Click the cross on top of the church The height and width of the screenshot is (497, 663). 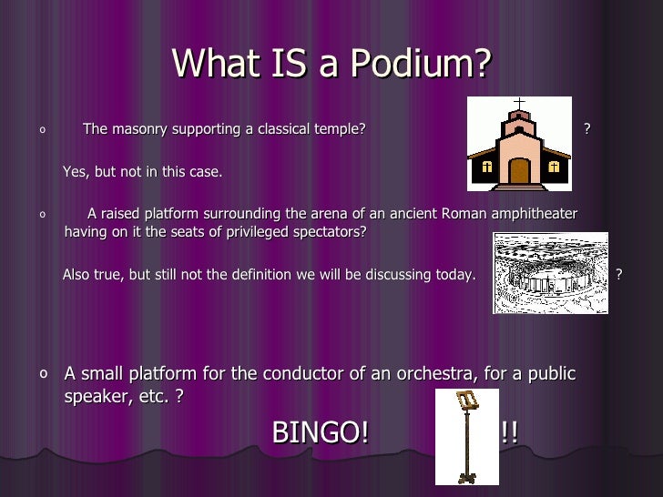[519, 103]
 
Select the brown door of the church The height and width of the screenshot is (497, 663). [519, 170]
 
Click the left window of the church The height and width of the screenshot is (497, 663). [486, 167]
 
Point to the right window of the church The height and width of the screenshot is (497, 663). [554, 167]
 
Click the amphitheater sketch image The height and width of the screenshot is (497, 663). [550, 273]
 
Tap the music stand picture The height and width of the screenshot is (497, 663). [467, 436]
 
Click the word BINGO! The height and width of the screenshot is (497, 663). [321, 433]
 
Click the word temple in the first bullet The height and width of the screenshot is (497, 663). [341, 129]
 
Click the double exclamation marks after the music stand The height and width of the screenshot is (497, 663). [509, 433]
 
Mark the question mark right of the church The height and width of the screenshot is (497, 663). [587, 129]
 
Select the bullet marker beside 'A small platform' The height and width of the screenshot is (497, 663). [45, 373]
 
